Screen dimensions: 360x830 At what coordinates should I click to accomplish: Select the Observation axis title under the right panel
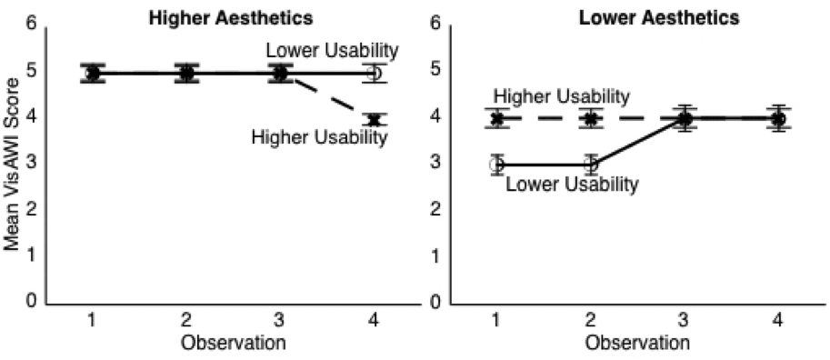pyautogui.click(x=637, y=343)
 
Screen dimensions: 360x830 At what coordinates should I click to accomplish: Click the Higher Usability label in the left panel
pyautogui.click(x=319, y=137)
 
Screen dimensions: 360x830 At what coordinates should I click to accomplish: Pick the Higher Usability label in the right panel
pyautogui.click(x=562, y=95)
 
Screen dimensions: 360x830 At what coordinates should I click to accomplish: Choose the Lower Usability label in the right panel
pyautogui.click(x=571, y=185)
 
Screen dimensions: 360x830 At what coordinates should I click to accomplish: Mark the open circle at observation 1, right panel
pyautogui.click(x=496, y=165)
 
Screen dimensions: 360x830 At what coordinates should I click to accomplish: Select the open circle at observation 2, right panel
pyautogui.click(x=591, y=165)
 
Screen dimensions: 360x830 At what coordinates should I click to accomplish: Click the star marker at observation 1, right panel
pyautogui.click(x=496, y=118)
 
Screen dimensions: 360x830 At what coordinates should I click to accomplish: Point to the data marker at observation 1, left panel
pyautogui.click(x=93, y=73)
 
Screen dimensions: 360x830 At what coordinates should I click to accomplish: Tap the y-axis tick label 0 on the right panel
pyautogui.click(x=435, y=302)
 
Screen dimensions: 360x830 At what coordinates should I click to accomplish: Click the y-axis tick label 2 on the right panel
pyautogui.click(x=435, y=209)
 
